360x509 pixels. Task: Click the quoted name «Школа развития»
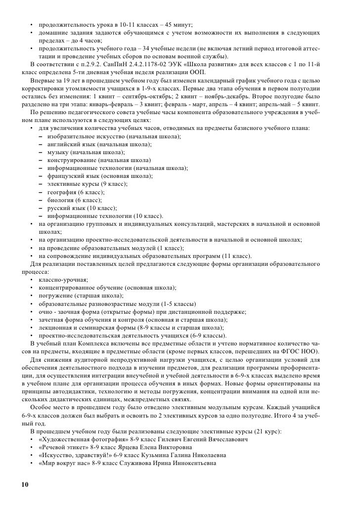(202, 64)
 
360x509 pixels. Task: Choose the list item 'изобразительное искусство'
(87, 136)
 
